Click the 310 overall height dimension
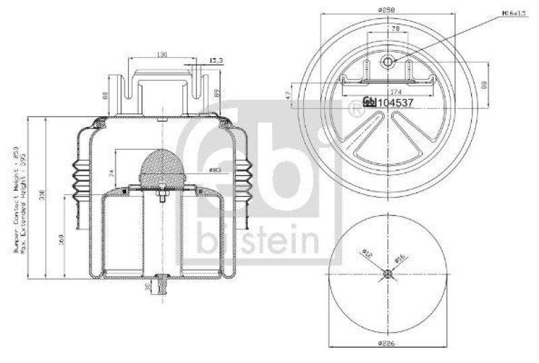coord(42,196)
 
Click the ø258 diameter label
coord(386,10)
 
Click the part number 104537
coord(394,102)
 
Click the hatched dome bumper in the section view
coord(163,165)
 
